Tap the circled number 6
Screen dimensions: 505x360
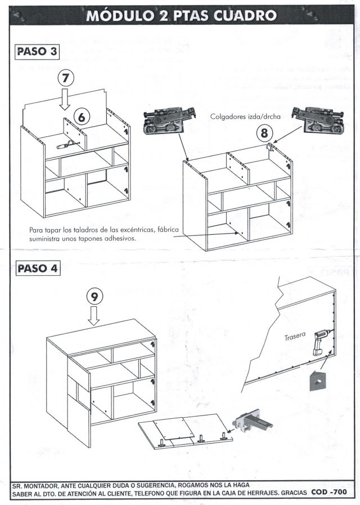click(x=82, y=118)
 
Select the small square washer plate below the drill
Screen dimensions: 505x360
click(x=317, y=380)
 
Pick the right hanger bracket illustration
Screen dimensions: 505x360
click(x=318, y=119)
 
